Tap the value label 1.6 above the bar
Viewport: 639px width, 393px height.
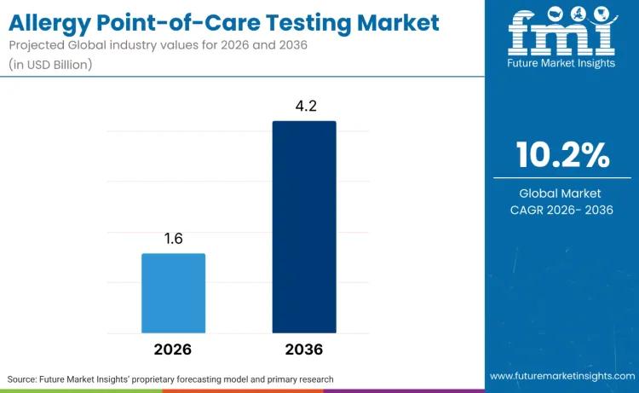[x=173, y=239]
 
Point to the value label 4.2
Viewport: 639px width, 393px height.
[x=304, y=106]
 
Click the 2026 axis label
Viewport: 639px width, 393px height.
[x=173, y=350]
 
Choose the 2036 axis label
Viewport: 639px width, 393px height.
[x=304, y=350]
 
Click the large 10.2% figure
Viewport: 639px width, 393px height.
[x=562, y=155]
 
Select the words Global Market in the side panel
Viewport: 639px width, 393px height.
[x=562, y=194]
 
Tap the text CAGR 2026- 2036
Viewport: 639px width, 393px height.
[x=562, y=210]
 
